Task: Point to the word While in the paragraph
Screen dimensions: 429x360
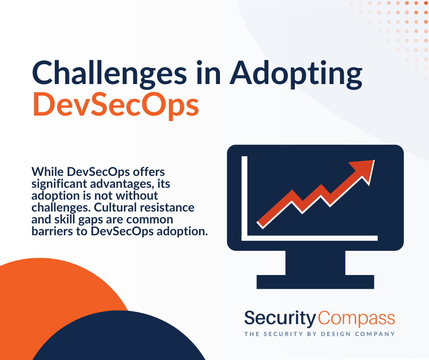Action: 47,172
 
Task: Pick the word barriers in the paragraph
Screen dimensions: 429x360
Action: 52,231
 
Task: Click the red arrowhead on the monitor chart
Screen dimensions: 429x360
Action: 363,171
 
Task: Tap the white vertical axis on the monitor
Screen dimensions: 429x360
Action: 244,198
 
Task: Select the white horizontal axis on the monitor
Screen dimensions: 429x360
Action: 309,238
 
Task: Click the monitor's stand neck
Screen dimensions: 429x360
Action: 315,263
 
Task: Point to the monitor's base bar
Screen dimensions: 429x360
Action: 315,281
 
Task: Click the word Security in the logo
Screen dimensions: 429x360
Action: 280,318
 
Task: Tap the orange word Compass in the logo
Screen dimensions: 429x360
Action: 356,318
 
